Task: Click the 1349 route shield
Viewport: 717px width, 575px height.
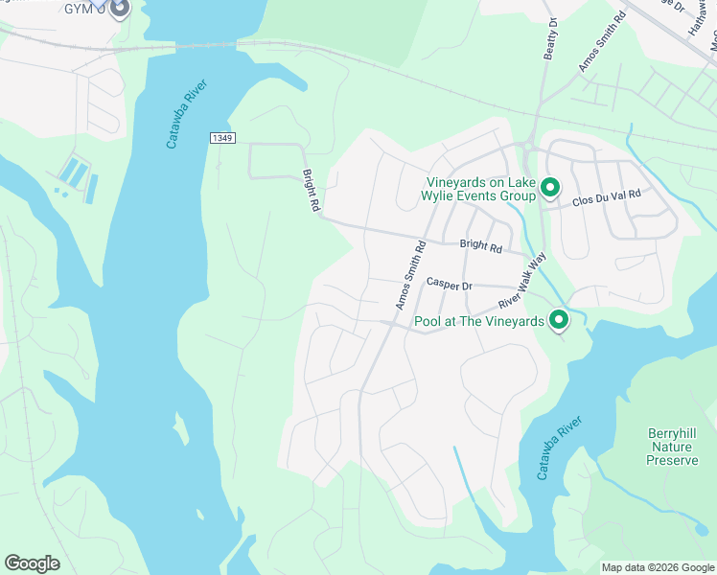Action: click(x=222, y=139)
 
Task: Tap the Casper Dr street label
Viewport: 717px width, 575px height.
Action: click(x=450, y=285)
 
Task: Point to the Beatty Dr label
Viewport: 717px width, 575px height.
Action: click(x=550, y=37)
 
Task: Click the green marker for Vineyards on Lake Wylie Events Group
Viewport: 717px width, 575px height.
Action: click(x=549, y=187)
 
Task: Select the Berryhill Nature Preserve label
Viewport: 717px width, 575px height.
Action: click(x=672, y=447)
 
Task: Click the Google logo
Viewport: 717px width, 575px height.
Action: click(x=32, y=563)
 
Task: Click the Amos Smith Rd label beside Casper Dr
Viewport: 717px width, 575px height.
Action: click(x=410, y=275)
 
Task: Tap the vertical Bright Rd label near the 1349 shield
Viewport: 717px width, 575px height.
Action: click(x=311, y=191)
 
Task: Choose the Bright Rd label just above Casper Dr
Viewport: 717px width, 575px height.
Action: click(x=480, y=246)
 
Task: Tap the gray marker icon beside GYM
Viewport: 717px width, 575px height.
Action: click(x=120, y=9)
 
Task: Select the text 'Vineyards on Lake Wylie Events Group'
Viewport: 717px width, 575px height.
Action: click(x=479, y=189)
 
